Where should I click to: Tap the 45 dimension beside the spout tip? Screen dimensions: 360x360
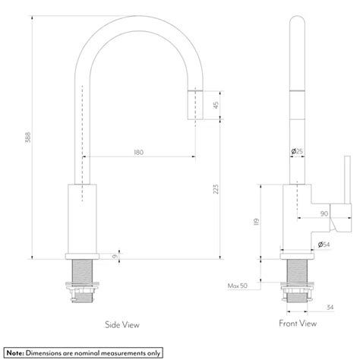(x=215, y=106)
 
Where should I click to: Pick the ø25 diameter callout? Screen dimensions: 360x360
(x=297, y=152)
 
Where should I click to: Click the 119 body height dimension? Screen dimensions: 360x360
(x=257, y=222)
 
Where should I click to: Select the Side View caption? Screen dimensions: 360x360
(x=122, y=324)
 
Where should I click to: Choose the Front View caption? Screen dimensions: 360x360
(x=297, y=324)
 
